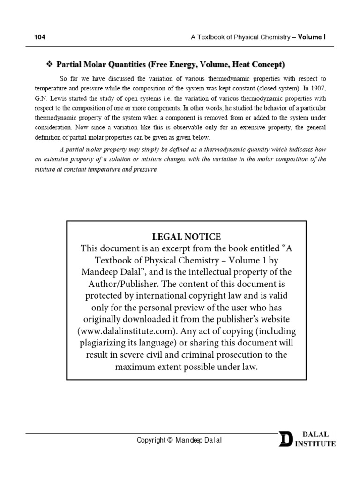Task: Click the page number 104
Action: point(39,37)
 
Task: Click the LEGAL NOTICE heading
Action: point(186,237)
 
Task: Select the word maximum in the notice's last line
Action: point(135,367)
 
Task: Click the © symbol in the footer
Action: point(170,440)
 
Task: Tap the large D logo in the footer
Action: point(285,440)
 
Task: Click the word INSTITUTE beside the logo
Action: point(315,444)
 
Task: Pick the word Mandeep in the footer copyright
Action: point(188,440)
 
